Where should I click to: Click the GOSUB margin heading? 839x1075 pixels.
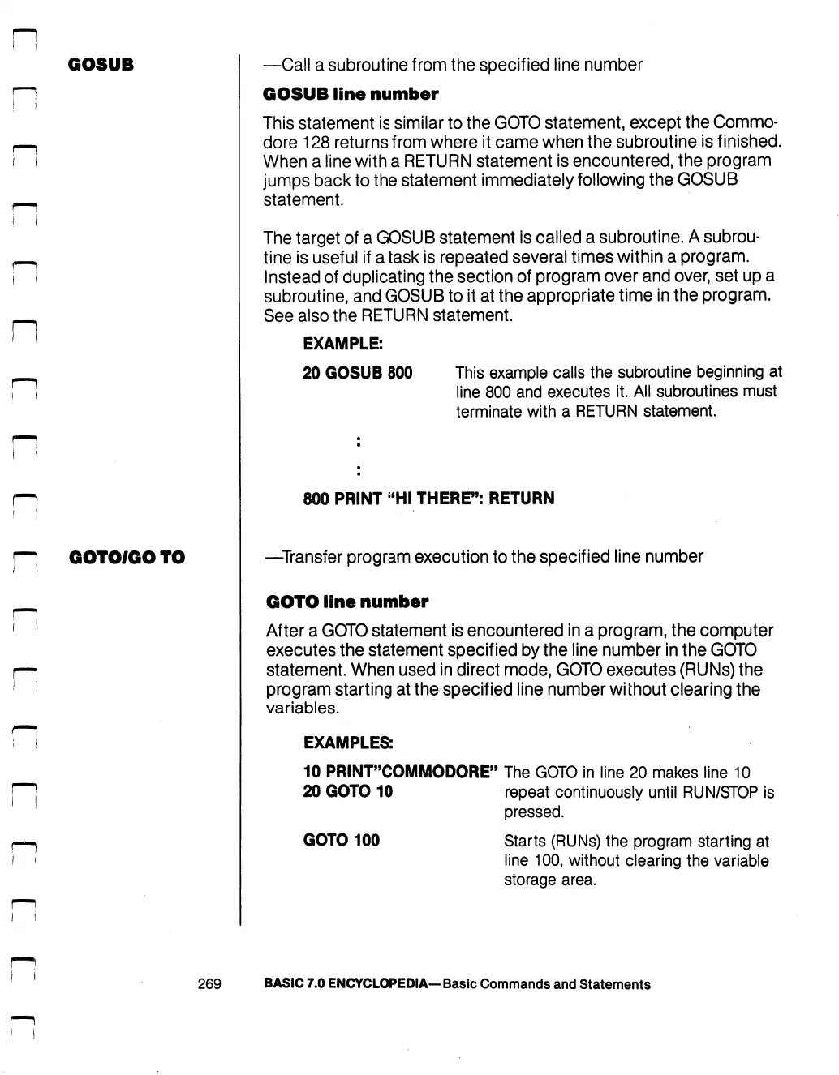pos(101,65)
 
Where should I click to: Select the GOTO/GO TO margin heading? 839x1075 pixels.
pos(127,557)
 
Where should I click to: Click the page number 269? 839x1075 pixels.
pos(209,984)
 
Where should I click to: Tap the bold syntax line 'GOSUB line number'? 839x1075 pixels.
pos(351,94)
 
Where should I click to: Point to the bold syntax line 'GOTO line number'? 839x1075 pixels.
pos(346,602)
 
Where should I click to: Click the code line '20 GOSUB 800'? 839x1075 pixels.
pos(357,373)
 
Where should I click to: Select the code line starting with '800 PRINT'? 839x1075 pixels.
pos(428,499)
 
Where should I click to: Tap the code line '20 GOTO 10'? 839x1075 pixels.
pos(347,791)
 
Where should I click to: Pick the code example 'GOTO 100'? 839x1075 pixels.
pos(341,840)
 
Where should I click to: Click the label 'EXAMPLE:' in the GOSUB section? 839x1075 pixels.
pos(342,344)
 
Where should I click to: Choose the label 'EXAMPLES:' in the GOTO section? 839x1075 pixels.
pos(348,743)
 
